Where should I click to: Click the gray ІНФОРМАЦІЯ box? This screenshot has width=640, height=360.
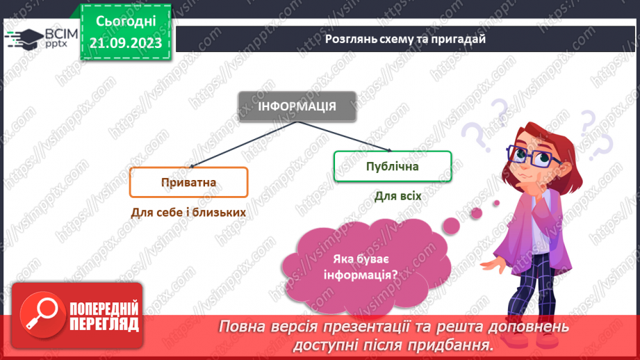(x=297, y=106)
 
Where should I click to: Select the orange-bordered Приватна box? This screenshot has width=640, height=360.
(x=188, y=183)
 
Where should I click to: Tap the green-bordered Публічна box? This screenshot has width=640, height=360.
(x=393, y=167)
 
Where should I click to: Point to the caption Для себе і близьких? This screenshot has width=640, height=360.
(x=188, y=212)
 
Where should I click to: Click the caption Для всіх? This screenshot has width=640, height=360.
(x=397, y=197)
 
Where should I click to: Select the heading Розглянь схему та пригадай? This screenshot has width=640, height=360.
(x=405, y=38)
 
